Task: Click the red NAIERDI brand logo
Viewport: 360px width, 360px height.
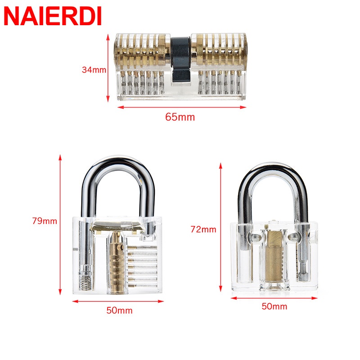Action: coord(53,16)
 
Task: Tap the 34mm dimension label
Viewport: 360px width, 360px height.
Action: coord(94,70)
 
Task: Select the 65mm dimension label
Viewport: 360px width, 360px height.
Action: coord(180,117)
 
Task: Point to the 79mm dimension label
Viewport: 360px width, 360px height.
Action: coord(45,221)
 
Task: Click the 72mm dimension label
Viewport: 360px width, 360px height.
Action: coord(203,229)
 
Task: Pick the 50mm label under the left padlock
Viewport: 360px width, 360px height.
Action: coord(119,310)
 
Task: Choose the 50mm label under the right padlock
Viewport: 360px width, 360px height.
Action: coord(274,306)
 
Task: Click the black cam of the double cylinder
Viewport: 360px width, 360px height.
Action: coord(181,60)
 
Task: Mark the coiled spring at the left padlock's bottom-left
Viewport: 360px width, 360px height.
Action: coord(85,283)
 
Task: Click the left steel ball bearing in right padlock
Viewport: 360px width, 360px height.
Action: coord(254,238)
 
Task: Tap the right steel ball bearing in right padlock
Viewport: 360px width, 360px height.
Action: coord(293,238)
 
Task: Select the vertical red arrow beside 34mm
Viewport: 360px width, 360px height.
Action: coord(108,68)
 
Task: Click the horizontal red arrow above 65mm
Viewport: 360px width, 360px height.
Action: coord(182,107)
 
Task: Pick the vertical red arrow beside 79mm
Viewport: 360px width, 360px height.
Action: coord(60,225)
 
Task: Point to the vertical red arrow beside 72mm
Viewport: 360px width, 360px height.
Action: coord(220,227)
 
